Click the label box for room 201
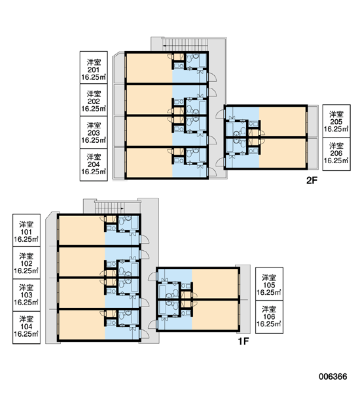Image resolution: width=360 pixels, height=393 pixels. pos(94,67)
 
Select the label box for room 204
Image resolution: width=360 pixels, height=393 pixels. pos(94,164)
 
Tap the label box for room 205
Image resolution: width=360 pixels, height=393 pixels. pos(336,121)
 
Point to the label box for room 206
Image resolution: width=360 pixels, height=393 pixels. pos(336,154)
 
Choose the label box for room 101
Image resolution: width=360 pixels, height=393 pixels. pos(26,231)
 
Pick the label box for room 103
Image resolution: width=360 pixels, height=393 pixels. pos(26,295)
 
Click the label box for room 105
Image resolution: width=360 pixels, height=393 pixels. pos(269,284)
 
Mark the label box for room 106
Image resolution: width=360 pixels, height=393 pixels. pos(269,317)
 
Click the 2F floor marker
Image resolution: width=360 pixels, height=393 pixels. pos(312,180)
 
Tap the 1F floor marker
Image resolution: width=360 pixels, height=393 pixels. pos(243,341)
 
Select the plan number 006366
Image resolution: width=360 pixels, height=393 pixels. pos(333,377)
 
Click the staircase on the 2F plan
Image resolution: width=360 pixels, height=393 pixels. pos(185,45)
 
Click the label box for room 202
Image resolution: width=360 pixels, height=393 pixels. pos(94,100)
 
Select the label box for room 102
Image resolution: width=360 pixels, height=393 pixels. pos(26,263)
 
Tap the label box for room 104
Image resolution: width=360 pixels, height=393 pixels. pos(26,327)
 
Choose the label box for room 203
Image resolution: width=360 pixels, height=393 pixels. pos(94,132)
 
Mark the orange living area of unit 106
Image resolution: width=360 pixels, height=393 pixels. pos(215,315)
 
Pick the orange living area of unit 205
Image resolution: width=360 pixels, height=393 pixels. pos(283,122)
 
